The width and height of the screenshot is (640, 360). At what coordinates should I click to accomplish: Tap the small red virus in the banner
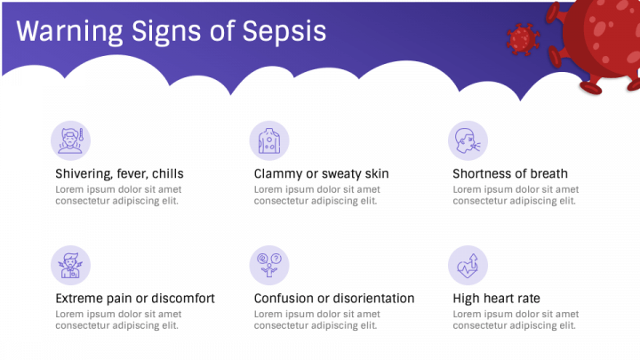pos(524,39)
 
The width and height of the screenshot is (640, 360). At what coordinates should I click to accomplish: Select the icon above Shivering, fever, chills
pos(70,140)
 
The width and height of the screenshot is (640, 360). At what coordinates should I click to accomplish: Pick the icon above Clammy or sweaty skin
pos(269,140)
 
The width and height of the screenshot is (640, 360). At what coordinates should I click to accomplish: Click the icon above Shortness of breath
pos(468,140)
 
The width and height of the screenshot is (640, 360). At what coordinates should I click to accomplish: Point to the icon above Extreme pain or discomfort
pos(70,265)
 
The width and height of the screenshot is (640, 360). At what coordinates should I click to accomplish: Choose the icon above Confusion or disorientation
pos(269,265)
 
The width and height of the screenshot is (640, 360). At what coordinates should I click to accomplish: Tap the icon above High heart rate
pos(468,265)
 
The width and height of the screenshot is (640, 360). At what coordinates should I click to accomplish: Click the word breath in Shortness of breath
pos(548,174)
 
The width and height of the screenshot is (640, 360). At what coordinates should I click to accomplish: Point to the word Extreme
pos(79,299)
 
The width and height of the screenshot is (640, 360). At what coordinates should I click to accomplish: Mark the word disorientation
pos(374,299)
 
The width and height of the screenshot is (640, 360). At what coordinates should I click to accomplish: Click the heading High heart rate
pos(496,299)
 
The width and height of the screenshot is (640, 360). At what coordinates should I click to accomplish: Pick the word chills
pos(166,174)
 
